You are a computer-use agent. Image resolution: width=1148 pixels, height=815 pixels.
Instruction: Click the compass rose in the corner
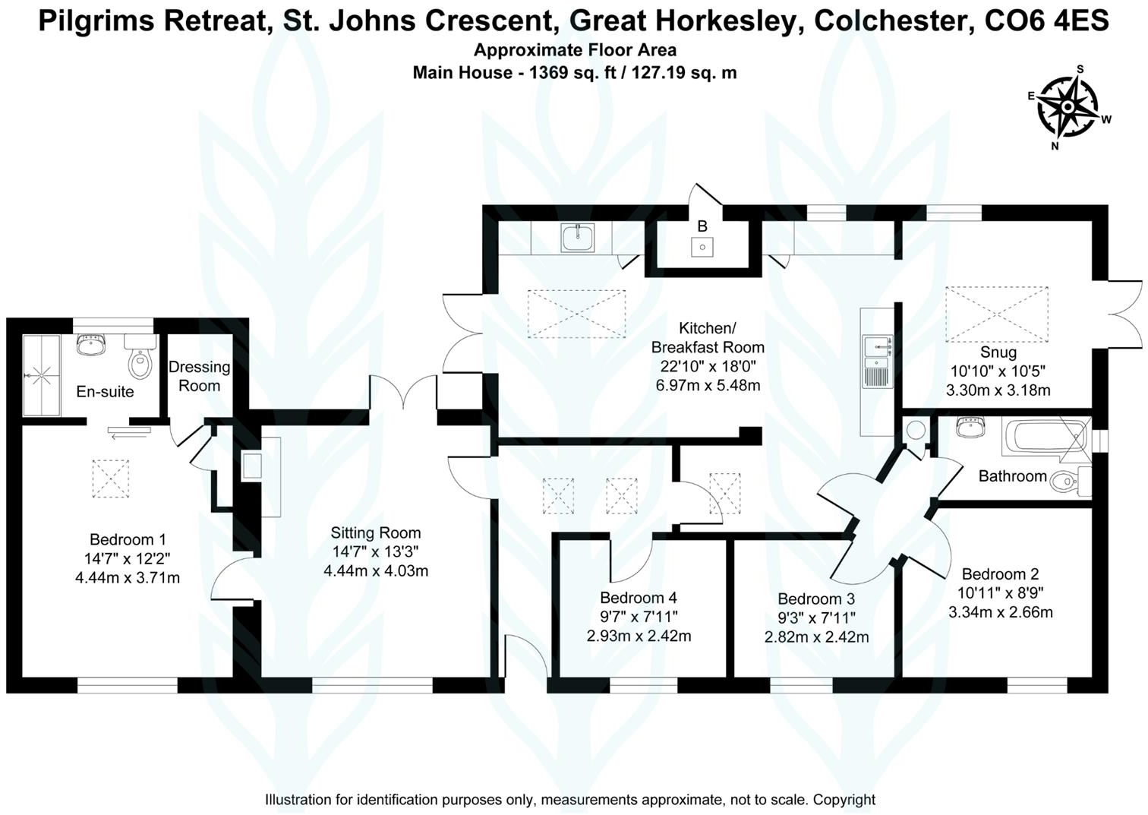tap(1068, 106)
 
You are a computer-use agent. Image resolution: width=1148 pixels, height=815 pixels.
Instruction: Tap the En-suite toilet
tap(140, 357)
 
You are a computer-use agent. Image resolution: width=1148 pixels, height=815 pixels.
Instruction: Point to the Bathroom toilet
tap(1071, 482)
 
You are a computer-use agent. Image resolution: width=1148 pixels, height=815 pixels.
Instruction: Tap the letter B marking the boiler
tap(702, 226)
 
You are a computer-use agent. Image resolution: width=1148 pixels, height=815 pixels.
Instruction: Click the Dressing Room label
tap(200, 376)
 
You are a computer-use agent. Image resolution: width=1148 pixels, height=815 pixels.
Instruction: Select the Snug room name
tap(998, 352)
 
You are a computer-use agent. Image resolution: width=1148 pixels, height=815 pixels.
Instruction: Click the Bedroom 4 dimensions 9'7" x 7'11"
tap(639, 617)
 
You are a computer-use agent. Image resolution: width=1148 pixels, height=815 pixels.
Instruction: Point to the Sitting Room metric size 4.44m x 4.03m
tap(376, 571)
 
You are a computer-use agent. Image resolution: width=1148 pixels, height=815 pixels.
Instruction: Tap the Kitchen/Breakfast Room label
tap(708, 338)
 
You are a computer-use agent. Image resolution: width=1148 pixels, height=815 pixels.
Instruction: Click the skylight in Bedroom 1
tap(111, 479)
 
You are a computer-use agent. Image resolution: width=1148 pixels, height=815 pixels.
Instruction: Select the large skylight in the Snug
tap(997, 314)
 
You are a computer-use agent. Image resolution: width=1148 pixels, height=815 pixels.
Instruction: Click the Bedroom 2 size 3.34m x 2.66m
tap(1001, 612)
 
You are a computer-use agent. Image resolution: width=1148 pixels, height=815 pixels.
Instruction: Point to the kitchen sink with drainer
tap(878, 361)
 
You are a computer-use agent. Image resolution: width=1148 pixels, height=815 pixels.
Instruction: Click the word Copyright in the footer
tap(844, 800)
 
